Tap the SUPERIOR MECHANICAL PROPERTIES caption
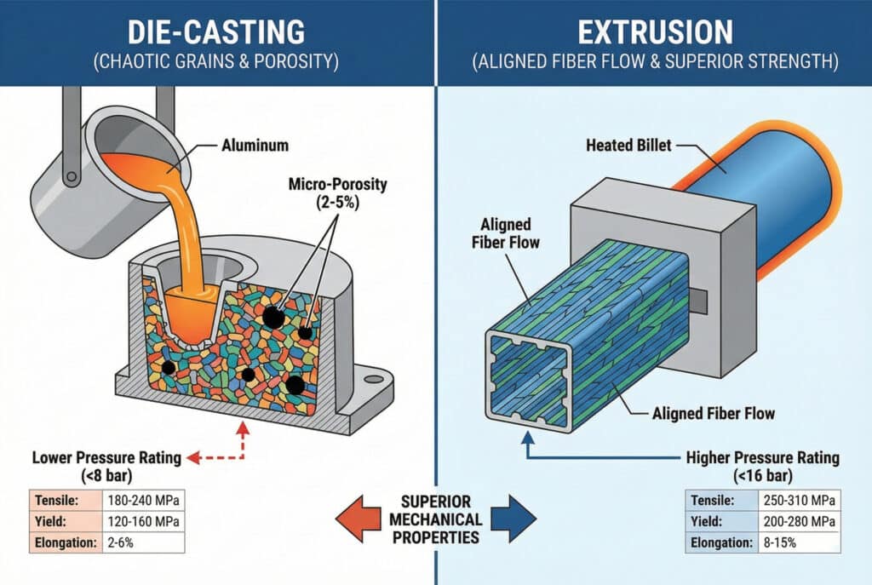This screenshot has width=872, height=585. click(x=436, y=518)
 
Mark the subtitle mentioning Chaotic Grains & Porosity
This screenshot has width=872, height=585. click(x=216, y=61)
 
